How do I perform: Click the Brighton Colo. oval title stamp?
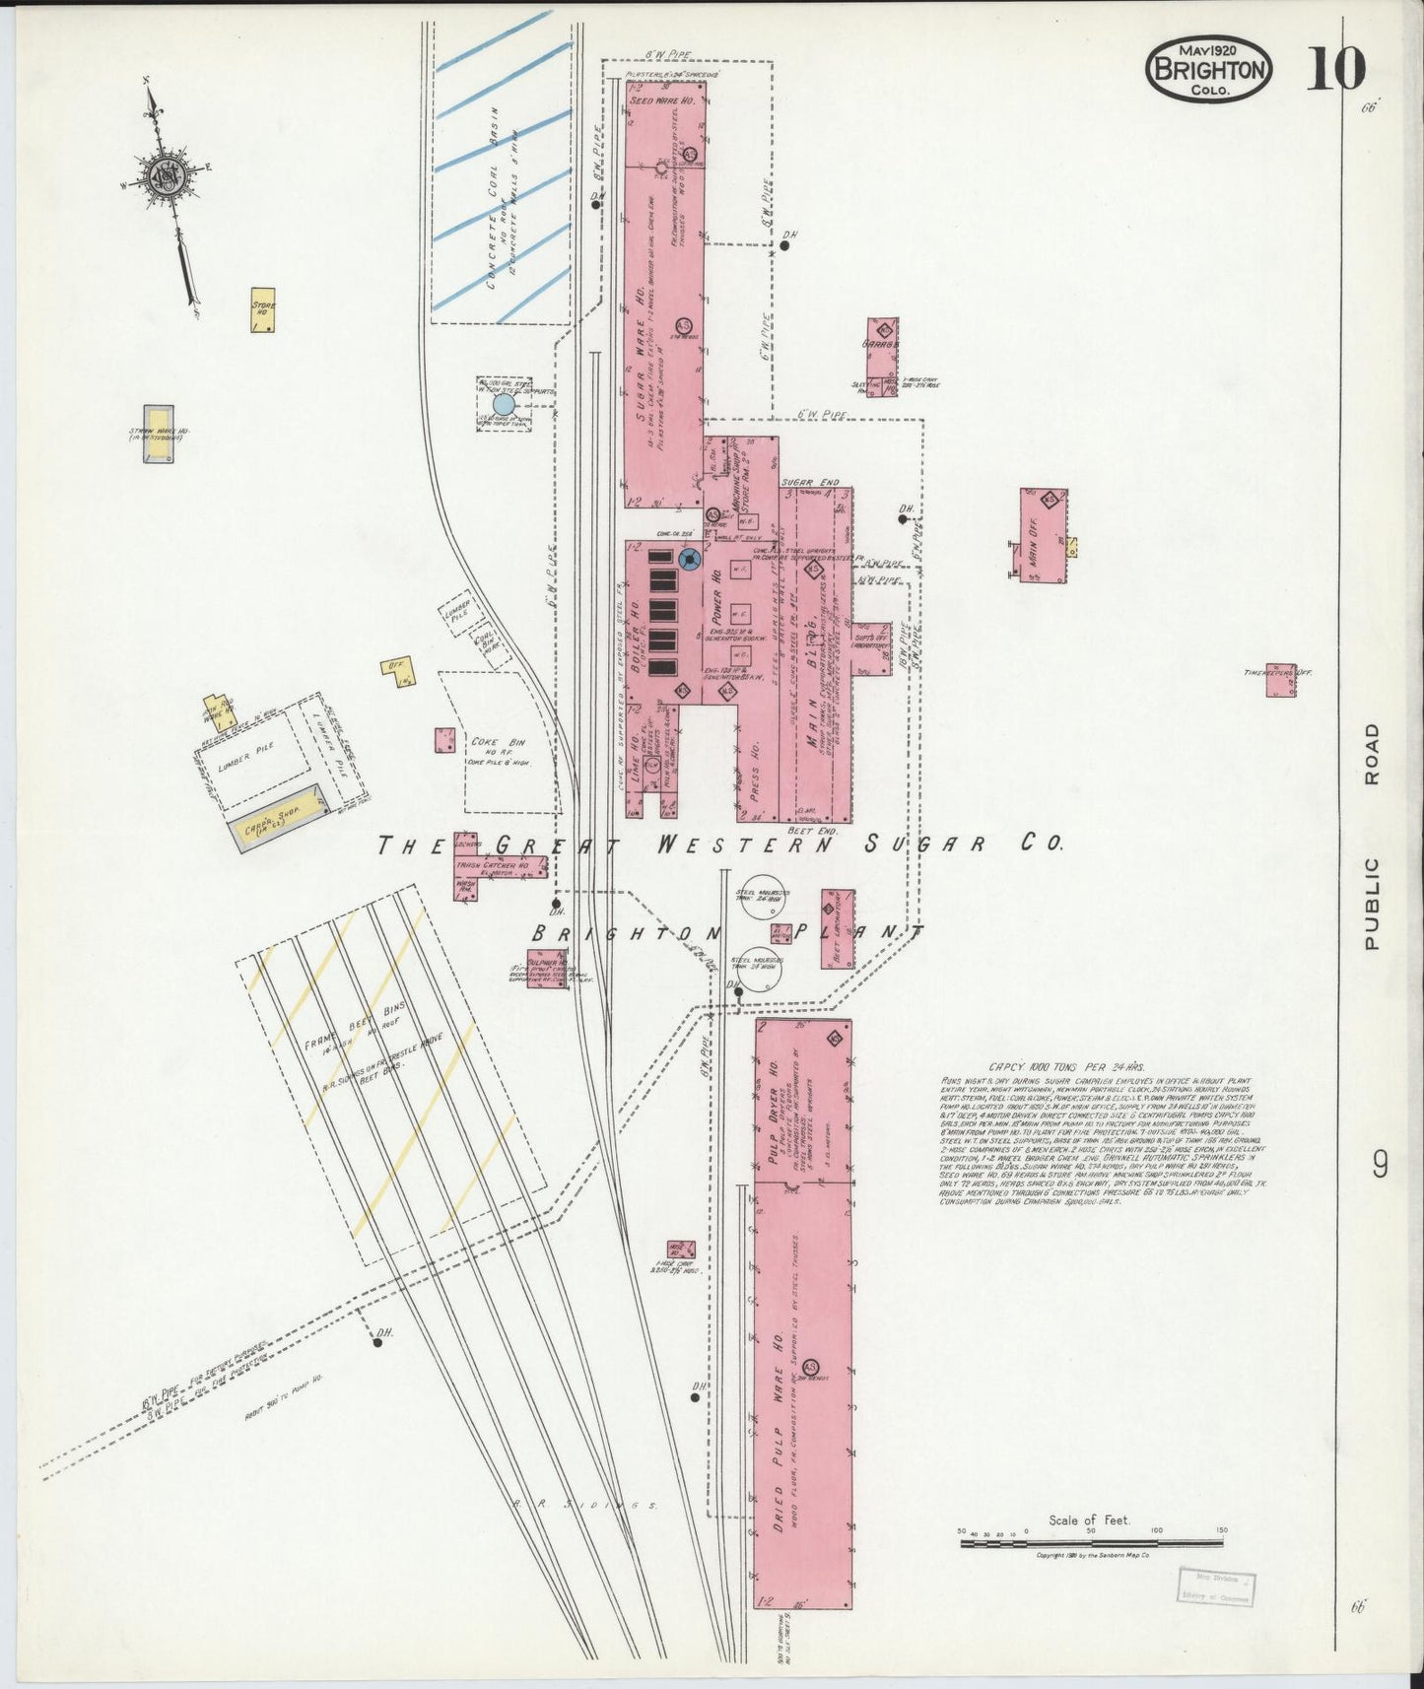(x=1208, y=69)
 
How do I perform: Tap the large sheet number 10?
(x=1336, y=68)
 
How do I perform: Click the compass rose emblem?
(x=164, y=177)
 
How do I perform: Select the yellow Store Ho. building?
(x=262, y=309)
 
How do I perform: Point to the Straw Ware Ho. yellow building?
(x=159, y=435)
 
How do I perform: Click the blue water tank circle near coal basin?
(x=504, y=404)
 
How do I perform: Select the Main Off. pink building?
(x=1044, y=535)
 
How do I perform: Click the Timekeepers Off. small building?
(x=1280, y=680)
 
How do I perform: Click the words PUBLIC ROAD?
(x=1372, y=837)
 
